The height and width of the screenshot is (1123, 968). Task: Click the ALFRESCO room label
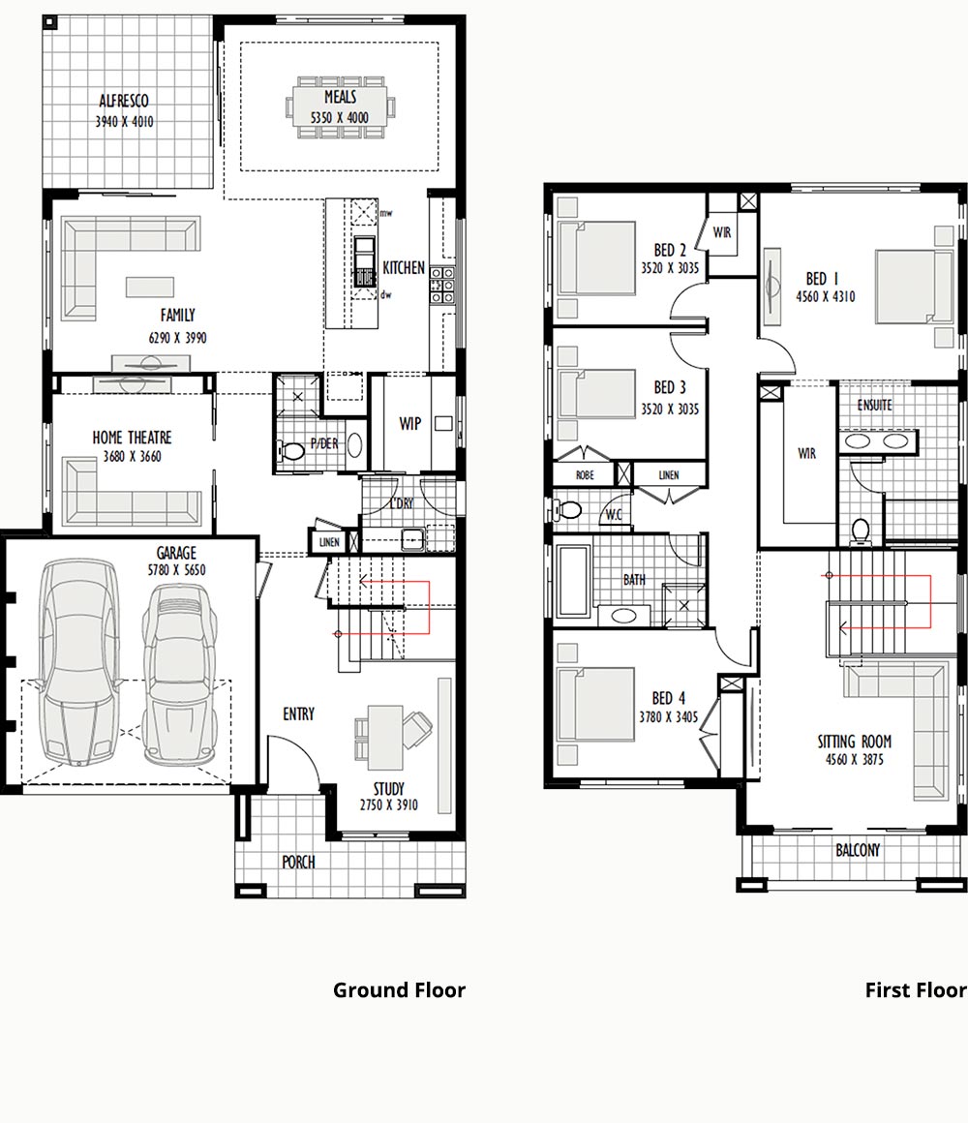[x=124, y=101]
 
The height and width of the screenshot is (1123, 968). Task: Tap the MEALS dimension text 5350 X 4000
[x=340, y=117]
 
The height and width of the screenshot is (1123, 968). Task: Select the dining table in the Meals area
[x=340, y=106]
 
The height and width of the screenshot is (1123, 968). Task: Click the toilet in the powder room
[x=290, y=451]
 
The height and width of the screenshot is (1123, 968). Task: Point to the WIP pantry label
[x=410, y=424]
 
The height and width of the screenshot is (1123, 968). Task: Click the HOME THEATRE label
[x=132, y=438]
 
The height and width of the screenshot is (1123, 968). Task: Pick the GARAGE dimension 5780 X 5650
[x=176, y=570]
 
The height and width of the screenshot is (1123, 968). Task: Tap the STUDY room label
[x=389, y=789]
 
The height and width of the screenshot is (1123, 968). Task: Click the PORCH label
[x=298, y=862]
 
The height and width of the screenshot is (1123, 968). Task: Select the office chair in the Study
[x=416, y=728]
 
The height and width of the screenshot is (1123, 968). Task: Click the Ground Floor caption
[x=400, y=990]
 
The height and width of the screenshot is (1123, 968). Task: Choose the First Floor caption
[x=916, y=990]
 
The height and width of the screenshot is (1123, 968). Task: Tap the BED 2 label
[x=670, y=250]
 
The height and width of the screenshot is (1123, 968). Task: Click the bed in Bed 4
[x=595, y=704]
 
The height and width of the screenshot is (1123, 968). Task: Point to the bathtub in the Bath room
[x=573, y=582]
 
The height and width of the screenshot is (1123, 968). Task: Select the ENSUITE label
[x=875, y=406]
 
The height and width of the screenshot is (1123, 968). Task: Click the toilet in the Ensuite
[x=861, y=531]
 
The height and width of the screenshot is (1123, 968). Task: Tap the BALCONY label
[x=858, y=850]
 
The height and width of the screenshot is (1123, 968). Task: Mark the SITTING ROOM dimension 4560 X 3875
[x=854, y=759]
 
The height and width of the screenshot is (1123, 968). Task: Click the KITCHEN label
[x=404, y=268]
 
